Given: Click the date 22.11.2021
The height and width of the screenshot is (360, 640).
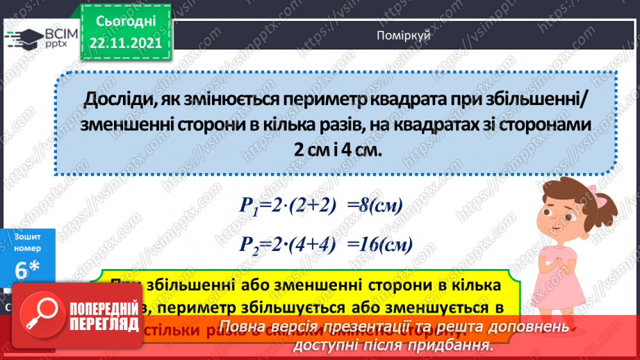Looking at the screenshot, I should click(126, 42).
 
